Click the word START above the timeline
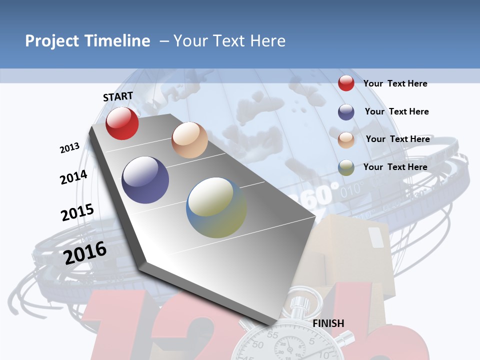point(118,96)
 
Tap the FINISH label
point(328,323)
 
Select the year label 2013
point(69,148)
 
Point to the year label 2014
point(73,177)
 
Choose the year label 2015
point(77,212)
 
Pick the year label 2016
point(85,253)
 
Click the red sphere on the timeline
point(122,123)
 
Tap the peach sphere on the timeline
point(189,140)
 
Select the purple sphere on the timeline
point(145,180)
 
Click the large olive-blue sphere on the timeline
point(216,207)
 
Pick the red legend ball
point(346,83)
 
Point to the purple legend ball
point(346,112)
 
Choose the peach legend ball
point(346,140)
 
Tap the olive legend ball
point(346,168)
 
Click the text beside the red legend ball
point(395,83)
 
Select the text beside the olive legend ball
point(395,167)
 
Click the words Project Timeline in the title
point(87,41)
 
